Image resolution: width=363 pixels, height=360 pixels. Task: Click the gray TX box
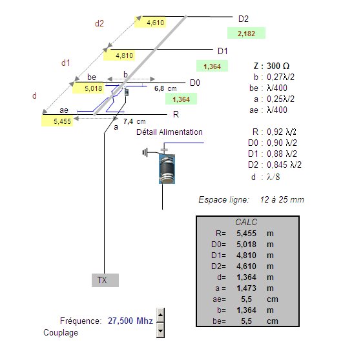point(105,280)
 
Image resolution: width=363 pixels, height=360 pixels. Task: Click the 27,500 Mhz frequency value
point(130,321)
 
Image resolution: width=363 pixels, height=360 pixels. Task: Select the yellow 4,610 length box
point(150,22)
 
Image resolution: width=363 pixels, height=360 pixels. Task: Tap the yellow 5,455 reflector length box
point(57,121)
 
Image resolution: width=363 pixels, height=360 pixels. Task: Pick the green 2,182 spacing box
point(246,34)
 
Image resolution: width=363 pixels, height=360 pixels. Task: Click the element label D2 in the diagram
point(244,19)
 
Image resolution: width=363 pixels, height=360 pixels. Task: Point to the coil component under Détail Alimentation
point(167,169)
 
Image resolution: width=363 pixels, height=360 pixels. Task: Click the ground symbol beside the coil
point(145,153)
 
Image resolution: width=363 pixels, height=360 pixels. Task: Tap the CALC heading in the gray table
point(246,222)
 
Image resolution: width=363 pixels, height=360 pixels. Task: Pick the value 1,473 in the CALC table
point(246,288)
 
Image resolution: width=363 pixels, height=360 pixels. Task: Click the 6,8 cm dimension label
point(165,88)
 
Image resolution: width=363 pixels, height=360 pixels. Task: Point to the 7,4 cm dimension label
point(134,121)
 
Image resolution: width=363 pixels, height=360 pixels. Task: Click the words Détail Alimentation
point(169,132)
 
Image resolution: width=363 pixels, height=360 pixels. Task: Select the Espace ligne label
point(223,199)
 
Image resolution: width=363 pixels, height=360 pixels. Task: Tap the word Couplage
point(61,332)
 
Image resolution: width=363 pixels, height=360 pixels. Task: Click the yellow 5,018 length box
point(88,88)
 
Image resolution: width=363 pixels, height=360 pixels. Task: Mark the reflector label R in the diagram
point(176,114)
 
